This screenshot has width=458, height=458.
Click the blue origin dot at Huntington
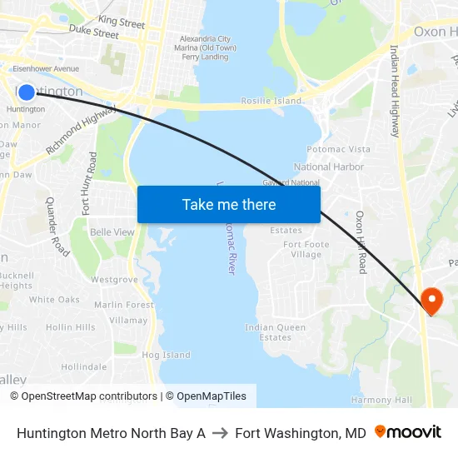[27, 92]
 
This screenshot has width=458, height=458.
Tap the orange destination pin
[432, 300]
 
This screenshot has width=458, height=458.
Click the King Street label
[122, 22]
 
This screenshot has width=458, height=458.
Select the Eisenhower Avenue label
[46, 68]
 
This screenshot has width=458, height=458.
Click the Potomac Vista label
[338, 149]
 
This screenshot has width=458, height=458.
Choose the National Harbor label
[329, 167]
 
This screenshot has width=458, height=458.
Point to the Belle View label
[112, 231]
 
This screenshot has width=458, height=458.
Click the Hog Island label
[167, 355]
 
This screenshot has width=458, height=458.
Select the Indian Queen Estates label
[276, 332]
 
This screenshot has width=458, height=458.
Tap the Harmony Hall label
[381, 400]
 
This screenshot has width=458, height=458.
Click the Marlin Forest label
[124, 305]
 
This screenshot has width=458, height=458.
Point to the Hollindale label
[83, 366]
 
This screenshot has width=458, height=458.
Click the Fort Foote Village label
[306, 250]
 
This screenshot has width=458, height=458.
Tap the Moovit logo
[408, 432]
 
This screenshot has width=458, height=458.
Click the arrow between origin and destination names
[220, 433]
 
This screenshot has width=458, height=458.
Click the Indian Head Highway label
[395, 92]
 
